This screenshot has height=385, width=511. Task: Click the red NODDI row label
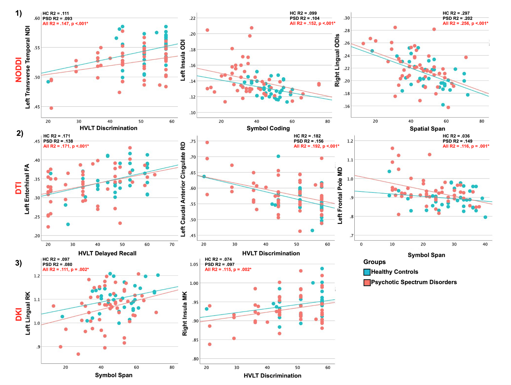pyautogui.click(x=18, y=70)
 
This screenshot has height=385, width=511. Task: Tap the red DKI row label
pyautogui.click(x=18, y=315)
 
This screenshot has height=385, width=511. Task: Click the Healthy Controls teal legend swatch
pyautogui.click(x=367, y=272)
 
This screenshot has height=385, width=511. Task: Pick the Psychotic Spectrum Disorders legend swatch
pyautogui.click(x=367, y=282)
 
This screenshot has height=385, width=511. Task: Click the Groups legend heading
pyautogui.click(x=374, y=262)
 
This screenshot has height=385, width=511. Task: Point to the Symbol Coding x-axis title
pyautogui.click(x=268, y=128)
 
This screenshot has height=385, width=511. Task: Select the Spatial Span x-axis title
pyautogui.click(x=427, y=129)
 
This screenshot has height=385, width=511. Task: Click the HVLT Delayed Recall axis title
pyautogui.click(x=107, y=253)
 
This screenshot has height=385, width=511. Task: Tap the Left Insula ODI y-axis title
pyautogui.click(x=183, y=60)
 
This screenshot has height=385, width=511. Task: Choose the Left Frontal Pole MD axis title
pyautogui.click(x=340, y=196)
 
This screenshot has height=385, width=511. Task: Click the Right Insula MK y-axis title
pyautogui.click(x=185, y=314)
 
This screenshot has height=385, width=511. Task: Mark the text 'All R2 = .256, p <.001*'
pyautogui.click(x=465, y=24)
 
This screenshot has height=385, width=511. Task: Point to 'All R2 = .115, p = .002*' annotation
pyautogui.click(x=228, y=269)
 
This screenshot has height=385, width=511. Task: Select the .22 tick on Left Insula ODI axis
pyautogui.click(x=193, y=18)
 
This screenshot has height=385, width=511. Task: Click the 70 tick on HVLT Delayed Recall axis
pyautogui.click(x=172, y=244)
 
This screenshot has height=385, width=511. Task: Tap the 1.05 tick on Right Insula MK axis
pyautogui.click(x=194, y=264)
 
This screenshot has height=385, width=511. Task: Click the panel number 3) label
pyautogui.click(x=18, y=263)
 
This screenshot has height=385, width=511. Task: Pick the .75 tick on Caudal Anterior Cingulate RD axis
pyautogui.click(x=193, y=142)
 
